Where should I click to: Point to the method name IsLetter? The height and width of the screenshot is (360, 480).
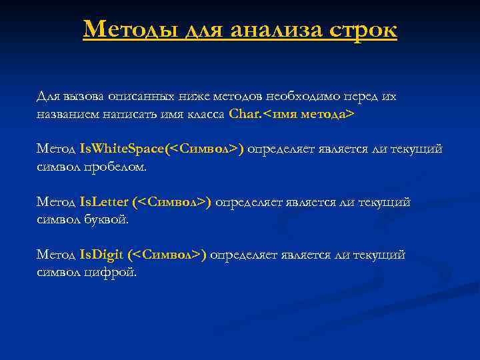click(103, 202)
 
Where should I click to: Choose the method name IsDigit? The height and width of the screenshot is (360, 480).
click(101, 255)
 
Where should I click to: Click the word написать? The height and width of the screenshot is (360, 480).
click(127, 114)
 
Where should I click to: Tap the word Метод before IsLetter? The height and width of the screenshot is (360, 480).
click(55, 202)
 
